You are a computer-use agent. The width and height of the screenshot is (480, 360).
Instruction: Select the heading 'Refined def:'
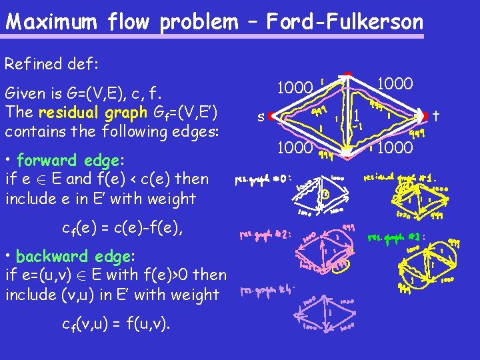51,64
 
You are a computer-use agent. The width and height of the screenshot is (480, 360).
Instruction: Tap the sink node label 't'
435,116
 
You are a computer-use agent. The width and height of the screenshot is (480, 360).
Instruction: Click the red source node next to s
272,117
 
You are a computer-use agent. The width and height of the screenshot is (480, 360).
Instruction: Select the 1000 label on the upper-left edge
295,87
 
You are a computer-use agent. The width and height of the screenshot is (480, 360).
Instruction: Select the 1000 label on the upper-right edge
395,85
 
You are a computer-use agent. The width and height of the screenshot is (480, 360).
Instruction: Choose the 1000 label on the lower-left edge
295,147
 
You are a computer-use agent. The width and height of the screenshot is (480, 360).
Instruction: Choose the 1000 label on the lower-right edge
396,147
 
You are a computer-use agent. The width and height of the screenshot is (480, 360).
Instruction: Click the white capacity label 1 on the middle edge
357,115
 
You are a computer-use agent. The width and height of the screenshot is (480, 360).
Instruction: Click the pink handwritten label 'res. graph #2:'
265,235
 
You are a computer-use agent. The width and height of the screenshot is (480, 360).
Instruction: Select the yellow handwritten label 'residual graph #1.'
400,178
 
